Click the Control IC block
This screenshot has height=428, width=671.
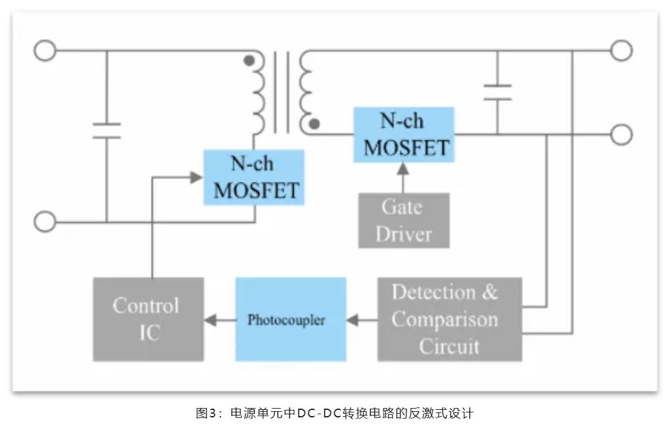(x=149, y=319)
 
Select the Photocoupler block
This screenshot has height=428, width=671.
(x=291, y=319)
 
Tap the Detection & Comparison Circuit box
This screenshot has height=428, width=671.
(x=449, y=319)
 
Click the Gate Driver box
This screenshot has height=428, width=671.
(x=404, y=220)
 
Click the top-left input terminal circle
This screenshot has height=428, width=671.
(x=45, y=51)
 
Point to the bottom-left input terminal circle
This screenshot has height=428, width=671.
(x=45, y=221)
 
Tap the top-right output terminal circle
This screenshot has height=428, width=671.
(x=621, y=50)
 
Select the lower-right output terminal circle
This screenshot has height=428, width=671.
(x=621, y=134)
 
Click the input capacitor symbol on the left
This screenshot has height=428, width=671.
(x=106, y=130)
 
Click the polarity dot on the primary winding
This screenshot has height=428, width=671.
(x=249, y=61)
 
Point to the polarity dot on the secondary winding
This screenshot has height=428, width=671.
(x=315, y=124)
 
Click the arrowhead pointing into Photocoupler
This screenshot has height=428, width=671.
(x=353, y=319)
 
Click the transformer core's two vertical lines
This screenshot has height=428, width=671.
(x=282, y=92)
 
